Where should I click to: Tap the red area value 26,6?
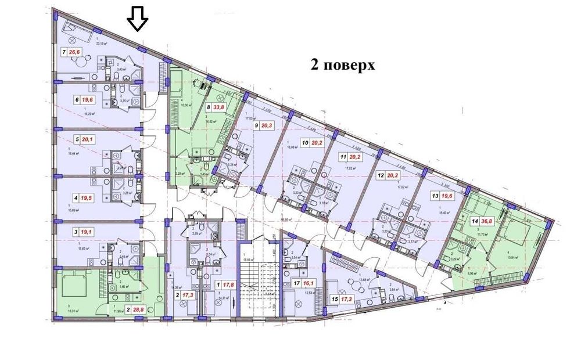click(x=74, y=52)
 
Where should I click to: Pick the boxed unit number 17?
click(x=297, y=284)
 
